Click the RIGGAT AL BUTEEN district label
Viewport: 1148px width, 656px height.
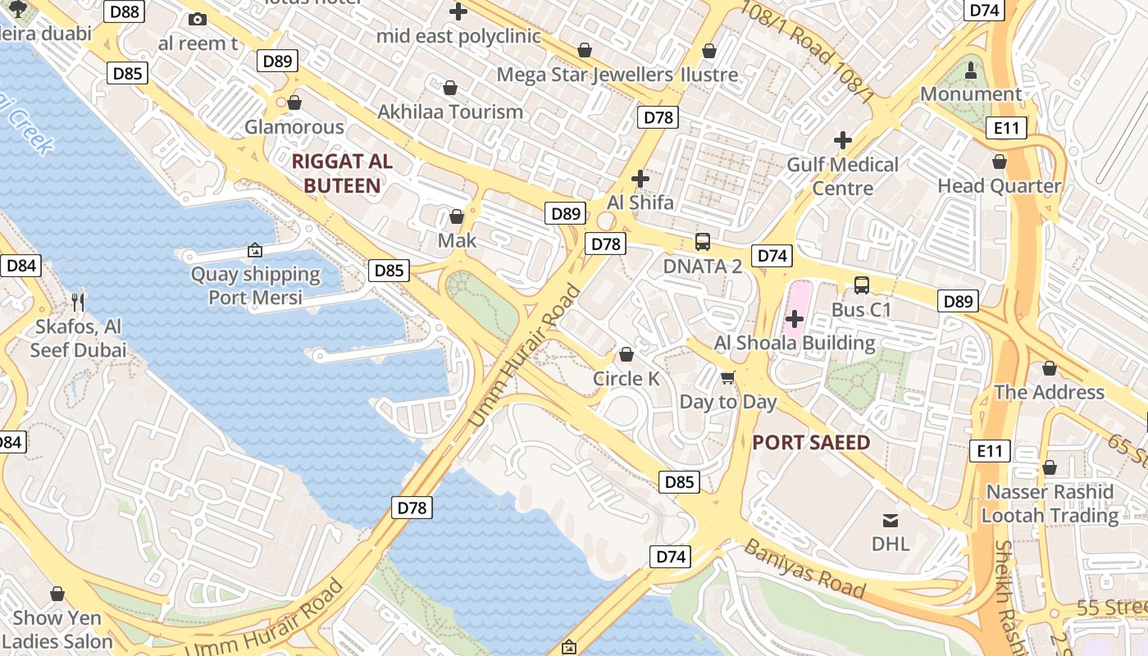point(342,173)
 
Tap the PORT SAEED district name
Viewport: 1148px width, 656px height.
point(811,443)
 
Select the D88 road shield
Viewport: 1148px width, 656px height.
point(126,11)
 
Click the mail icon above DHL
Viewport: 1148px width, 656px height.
point(890,520)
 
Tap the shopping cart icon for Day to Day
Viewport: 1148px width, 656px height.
point(727,378)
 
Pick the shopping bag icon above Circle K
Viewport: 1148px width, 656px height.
point(626,354)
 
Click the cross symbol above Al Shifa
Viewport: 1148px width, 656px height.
point(640,178)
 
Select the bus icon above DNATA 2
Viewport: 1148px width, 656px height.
point(703,241)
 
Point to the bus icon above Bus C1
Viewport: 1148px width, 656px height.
point(861,285)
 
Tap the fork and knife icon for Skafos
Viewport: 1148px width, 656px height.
point(78,302)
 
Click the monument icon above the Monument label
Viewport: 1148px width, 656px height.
point(971,70)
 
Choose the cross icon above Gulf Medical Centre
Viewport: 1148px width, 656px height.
point(842,139)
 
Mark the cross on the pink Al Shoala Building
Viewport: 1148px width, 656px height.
point(794,318)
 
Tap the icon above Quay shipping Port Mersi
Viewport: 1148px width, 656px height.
point(255,249)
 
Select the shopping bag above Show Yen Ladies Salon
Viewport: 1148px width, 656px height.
point(57,593)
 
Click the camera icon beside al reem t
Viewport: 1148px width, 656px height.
point(197,19)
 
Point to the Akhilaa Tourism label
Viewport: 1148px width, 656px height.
point(450,112)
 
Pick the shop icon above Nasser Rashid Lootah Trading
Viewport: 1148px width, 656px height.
point(1050,467)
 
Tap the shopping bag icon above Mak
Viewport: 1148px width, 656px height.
point(457,216)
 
